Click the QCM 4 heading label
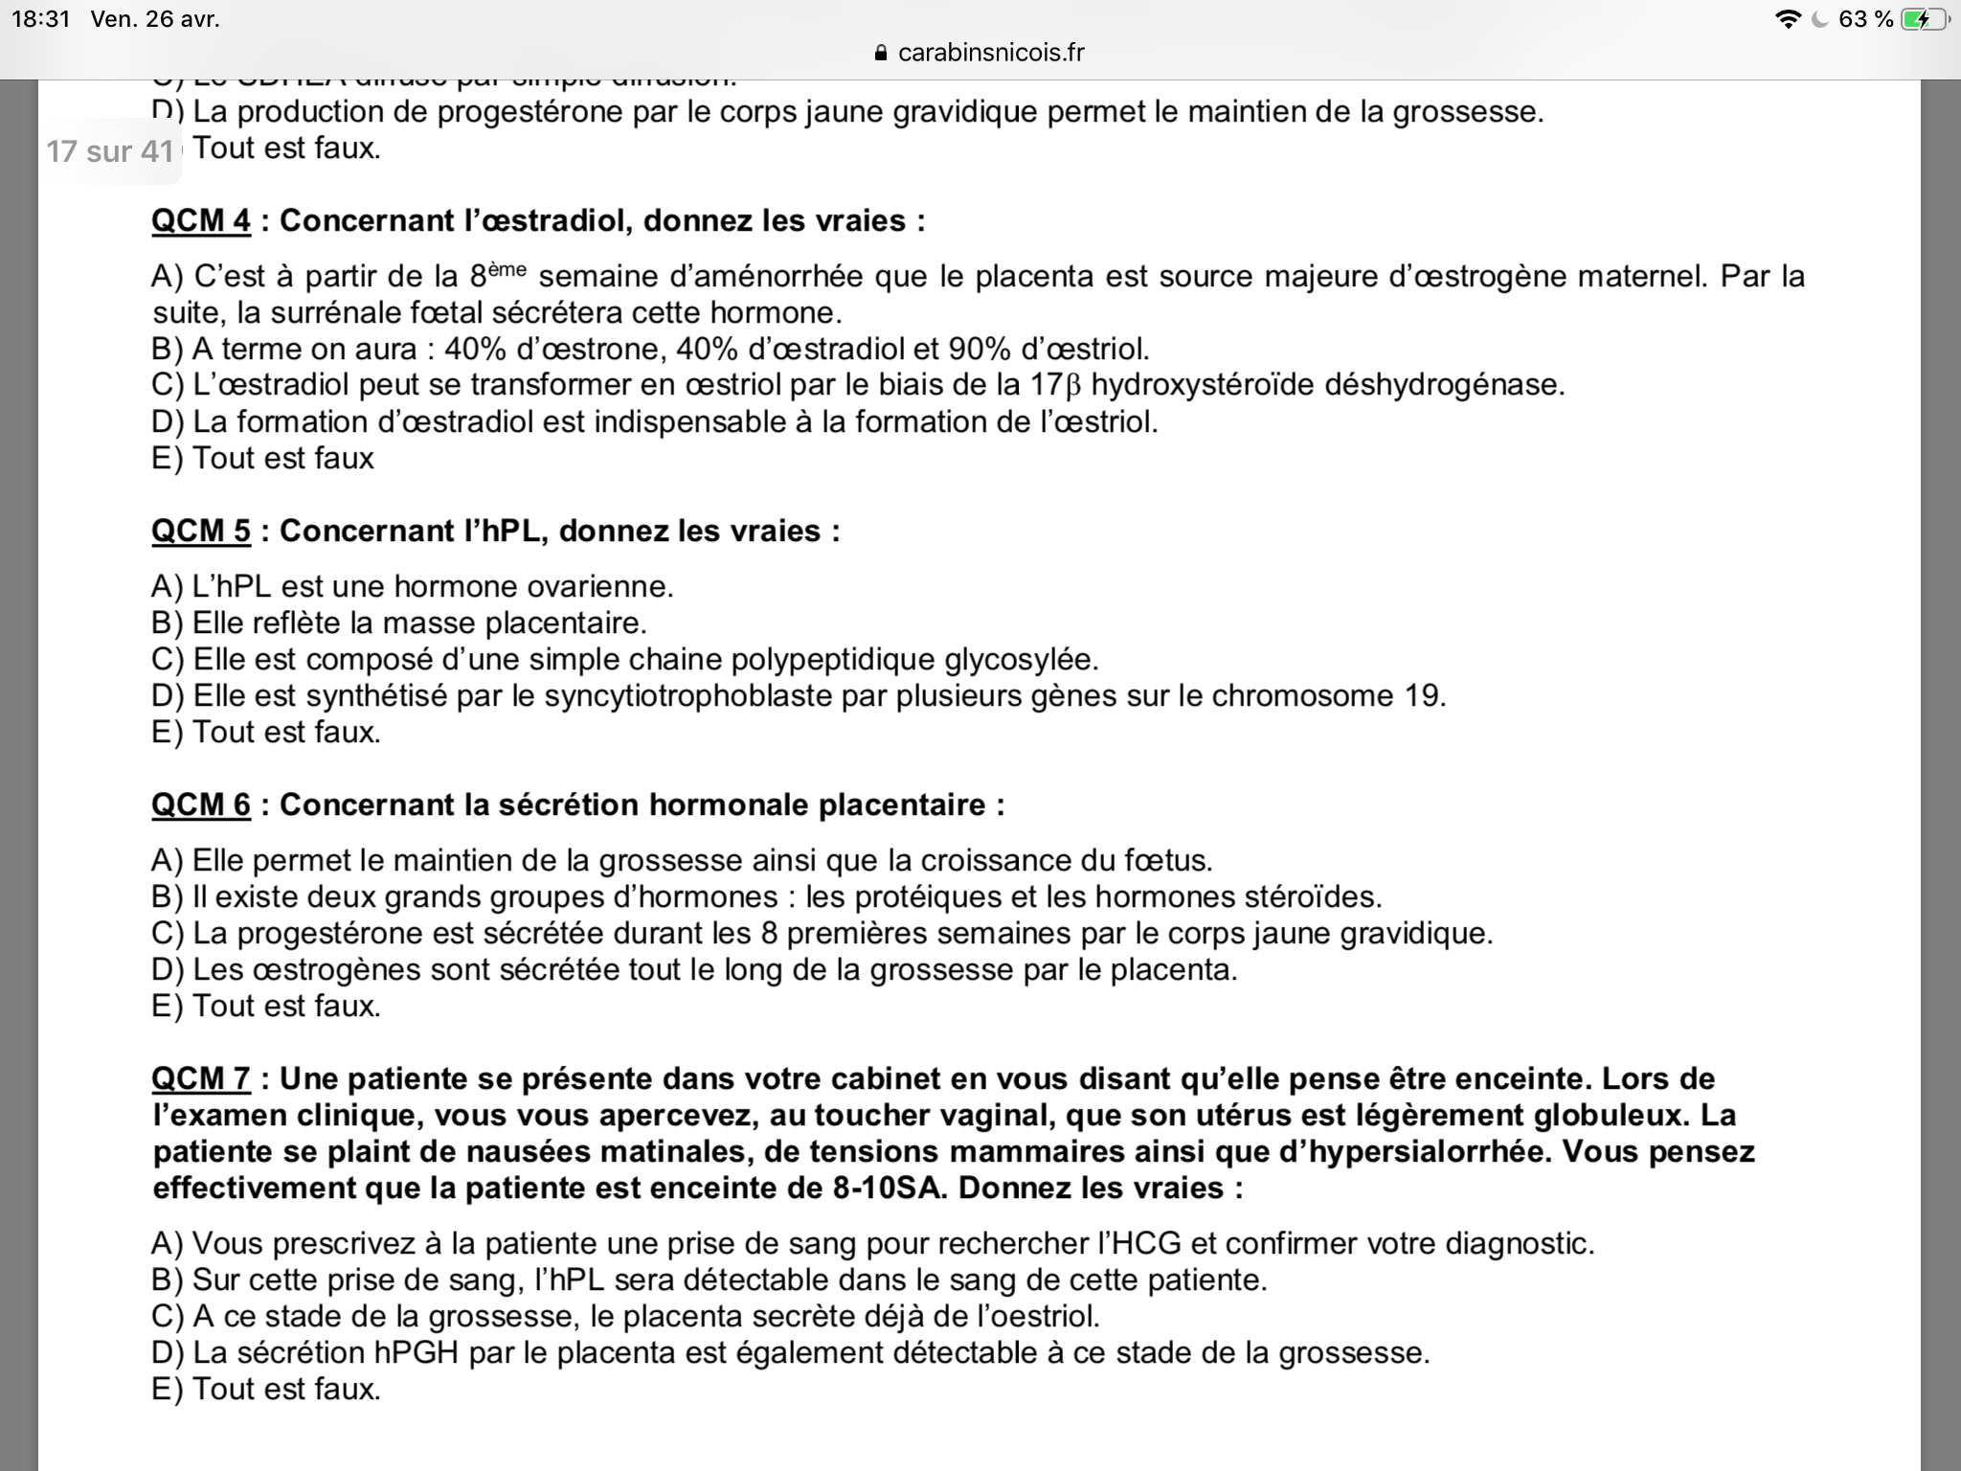[201, 221]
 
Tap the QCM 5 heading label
[201, 532]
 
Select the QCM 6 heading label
[201, 805]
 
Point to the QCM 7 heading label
[201, 1079]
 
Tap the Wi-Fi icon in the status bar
[1787, 19]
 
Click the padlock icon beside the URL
[882, 54]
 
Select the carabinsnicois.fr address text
[991, 53]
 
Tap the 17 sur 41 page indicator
[110, 151]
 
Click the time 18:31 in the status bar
[41, 19]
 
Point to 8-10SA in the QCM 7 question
[887, 1188]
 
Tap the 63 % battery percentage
[1866, 19]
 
